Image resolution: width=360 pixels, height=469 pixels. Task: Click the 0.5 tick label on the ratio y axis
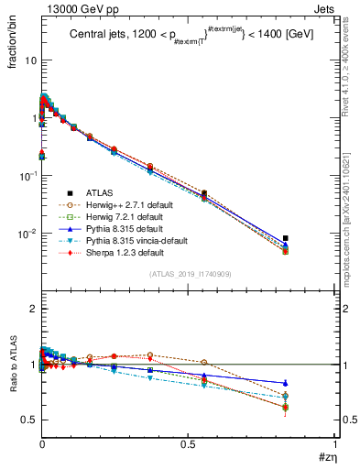click(x=27, y=420)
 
